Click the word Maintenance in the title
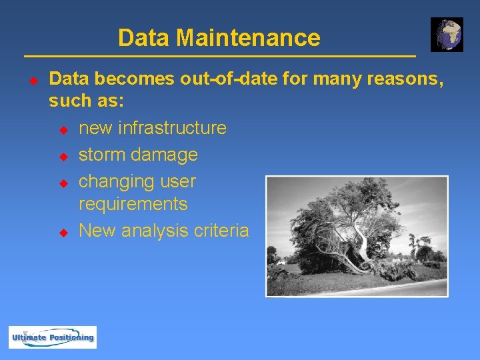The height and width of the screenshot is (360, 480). [x=248, y=37]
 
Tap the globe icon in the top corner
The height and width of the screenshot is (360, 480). [x=447, y=35]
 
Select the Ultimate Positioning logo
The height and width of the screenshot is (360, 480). [x=53, y=337]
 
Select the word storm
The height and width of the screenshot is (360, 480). [x=102, y=155]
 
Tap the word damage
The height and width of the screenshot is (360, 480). [x=165, y=155]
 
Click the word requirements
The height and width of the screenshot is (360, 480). [x=133, y=203]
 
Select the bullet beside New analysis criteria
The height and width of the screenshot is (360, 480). [x=64, y=232]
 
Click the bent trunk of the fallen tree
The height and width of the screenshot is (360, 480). [x=364, y=243]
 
